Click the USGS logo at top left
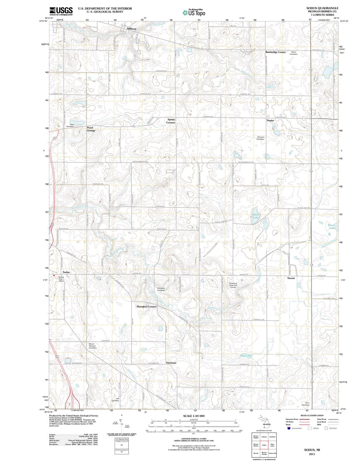[61, 11]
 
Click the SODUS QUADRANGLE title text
[322, 8]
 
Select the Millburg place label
[132, 29]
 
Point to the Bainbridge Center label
[275, 52]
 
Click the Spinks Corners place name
[171, 121]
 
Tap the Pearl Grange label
[91, 129]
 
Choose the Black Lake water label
[256, 216]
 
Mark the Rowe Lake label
[332, 226]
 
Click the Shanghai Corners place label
[147, 307]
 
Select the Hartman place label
[171, 362]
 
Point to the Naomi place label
[291, 278]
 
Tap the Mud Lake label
[246, 356]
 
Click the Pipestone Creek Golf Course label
[233, 285]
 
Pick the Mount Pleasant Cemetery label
[93, 346]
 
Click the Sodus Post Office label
[61, 279]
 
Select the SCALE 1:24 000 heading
[194, 416]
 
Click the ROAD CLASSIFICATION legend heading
[312, 415]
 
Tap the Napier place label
[270, 120]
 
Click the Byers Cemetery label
[293, 53]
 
